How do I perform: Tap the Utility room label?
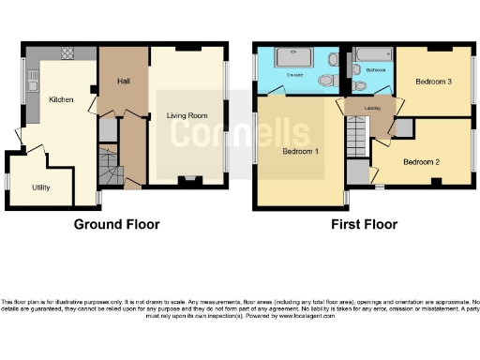pyautogui.click(x=40, y=187)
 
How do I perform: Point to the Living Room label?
pyautogui.click(x=187, y=116)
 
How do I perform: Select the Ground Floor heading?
pyautogui.click(x=117, y=224)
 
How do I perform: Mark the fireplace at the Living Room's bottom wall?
pyautogui.click(x=191, y=177)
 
